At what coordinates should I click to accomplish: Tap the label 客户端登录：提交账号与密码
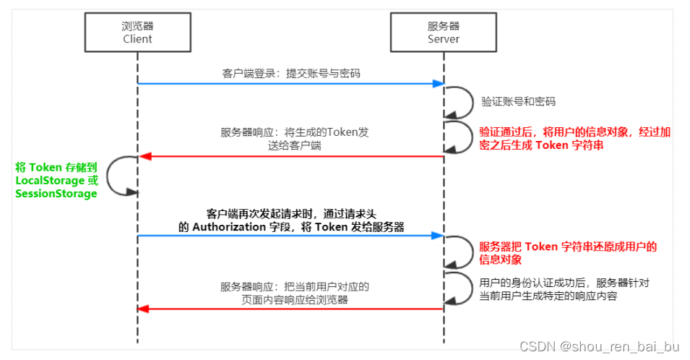290,73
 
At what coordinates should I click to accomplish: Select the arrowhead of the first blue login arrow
438,84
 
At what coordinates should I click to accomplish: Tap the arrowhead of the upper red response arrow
143,156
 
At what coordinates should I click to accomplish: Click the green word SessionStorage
56,194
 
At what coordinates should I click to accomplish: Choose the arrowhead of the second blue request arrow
438,236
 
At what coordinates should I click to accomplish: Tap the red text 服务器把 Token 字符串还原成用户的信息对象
568,252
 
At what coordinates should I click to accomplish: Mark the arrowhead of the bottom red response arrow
143,309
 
